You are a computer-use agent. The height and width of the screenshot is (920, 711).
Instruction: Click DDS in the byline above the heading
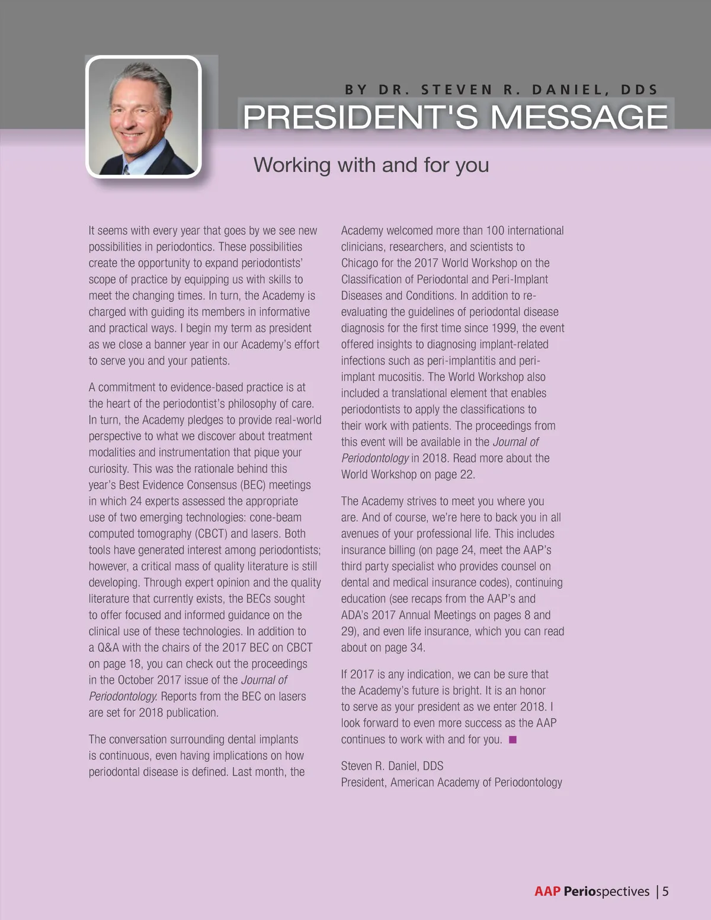click(x=639, y=90)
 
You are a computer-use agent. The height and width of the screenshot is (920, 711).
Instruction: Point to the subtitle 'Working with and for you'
click(x=371, y=165)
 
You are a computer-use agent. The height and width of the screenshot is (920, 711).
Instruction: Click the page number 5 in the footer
click(x=665, y=891)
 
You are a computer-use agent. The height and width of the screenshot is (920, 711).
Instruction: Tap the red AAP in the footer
click(x=547, y=891)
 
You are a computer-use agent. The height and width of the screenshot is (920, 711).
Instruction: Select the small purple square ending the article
click(x=513, y=739)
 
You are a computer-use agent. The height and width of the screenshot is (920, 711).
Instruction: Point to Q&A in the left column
click(x=108, y=647)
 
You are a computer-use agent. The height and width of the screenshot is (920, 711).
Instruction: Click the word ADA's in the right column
click(x=355, y=615)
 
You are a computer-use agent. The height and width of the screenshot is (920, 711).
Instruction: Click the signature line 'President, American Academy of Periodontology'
click(x=451, y=783)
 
